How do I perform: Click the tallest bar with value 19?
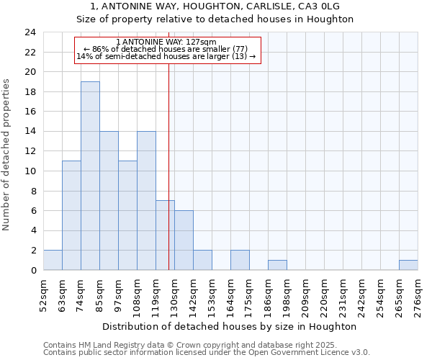point(90,176)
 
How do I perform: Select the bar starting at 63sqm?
point(71,215)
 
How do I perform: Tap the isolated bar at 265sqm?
point(408,265)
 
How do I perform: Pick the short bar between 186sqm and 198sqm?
point(277,265)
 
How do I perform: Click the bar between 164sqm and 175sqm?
point(240,260)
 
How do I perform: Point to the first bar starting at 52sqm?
point(53,260)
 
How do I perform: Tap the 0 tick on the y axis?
point(33,271)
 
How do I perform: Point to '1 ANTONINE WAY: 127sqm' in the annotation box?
point(166,42)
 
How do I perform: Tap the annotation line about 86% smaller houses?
point(166,49)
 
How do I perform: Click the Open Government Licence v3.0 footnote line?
point(207,353)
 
